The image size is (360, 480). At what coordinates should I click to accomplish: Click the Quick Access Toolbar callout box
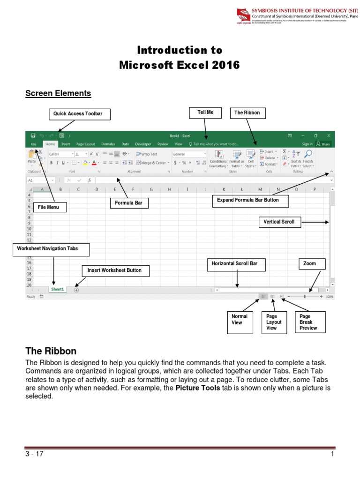point(78,114)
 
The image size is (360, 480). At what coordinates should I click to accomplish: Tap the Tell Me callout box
point(205,113)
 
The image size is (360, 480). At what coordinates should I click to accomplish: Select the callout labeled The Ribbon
point(247,113)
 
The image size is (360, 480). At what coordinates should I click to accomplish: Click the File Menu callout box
point(49,207)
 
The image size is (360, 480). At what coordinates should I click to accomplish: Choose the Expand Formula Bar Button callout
point(250,201)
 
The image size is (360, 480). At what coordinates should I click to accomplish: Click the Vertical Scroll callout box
point(279,222)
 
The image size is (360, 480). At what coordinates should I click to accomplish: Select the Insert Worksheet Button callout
point(114,270)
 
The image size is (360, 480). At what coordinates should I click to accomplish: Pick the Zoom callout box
point(309,264)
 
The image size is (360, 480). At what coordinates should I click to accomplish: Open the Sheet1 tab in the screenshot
point(58,290)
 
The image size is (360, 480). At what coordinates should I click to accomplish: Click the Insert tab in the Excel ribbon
point(66,144)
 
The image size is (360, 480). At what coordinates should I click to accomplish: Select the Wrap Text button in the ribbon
point(147,154)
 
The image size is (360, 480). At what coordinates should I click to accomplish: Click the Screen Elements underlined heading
point(58,93)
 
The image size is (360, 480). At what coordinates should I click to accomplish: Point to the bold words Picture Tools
point(197,388)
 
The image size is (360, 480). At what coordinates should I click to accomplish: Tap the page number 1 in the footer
point(332,454)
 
